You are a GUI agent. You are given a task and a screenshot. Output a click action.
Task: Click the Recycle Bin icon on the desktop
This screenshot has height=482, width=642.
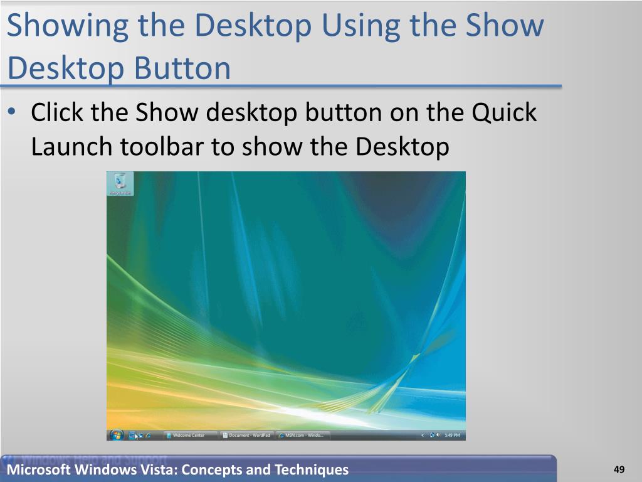[120, 182]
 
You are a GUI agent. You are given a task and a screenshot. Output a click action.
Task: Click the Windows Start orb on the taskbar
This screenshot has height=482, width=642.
[117, 434]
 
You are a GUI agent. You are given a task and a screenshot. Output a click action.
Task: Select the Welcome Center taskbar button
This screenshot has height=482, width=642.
[189, 435]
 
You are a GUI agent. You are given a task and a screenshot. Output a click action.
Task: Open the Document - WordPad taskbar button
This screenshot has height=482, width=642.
[246, 435]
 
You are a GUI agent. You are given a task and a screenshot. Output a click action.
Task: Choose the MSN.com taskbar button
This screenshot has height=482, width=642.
[303, 435]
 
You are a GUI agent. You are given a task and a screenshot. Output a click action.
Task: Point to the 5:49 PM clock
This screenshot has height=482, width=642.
[452, 435]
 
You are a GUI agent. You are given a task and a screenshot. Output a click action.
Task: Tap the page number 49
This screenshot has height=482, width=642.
[619, 469]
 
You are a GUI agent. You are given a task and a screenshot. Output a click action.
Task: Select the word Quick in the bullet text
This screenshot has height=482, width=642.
[504, 113]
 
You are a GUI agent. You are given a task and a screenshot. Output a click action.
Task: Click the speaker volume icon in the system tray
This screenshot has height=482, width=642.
[438, 435]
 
